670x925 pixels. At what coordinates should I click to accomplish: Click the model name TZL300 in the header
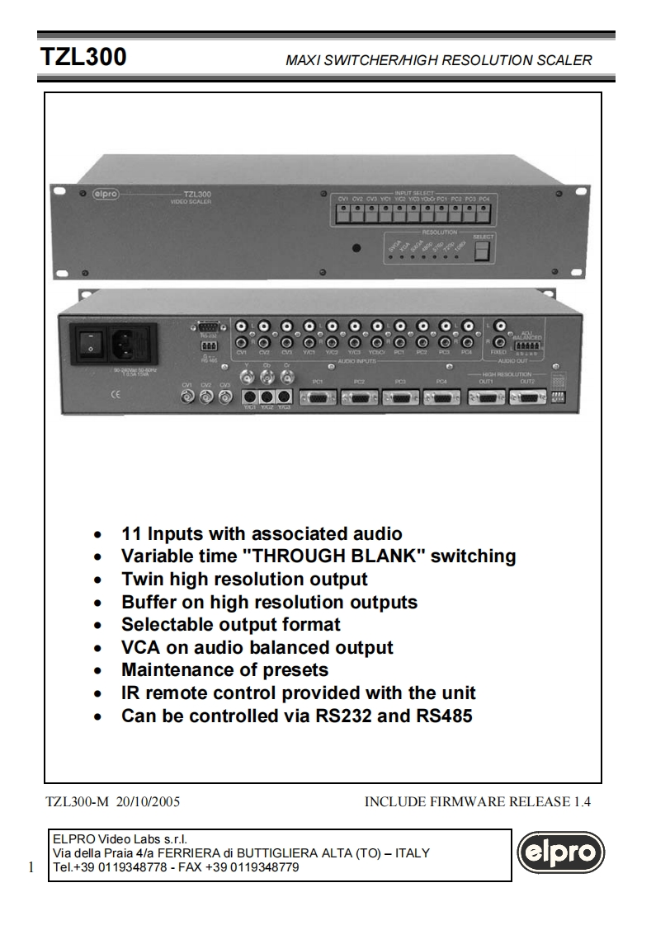84,58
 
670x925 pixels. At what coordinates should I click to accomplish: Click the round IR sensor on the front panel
356,248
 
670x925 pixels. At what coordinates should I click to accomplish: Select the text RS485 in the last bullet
446,716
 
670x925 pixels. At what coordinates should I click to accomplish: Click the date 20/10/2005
153,801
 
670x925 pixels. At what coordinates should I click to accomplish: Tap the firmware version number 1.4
583,801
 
